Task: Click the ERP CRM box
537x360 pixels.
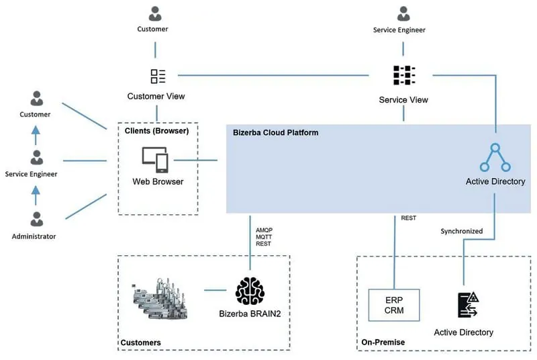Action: point(394,304)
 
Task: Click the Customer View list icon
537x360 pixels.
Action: point(158,76)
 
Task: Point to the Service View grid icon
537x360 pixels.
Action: point(403,77)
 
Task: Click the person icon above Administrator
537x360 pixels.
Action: point(37,219)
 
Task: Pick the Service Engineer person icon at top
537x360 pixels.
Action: point(403,13)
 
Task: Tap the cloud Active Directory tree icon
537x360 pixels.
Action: point(495,159)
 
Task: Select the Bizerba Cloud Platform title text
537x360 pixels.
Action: point(275,132)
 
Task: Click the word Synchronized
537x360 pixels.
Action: point(461,231)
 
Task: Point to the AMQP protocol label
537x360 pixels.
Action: point(264,230)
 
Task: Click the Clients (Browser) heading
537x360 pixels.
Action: point(156,131)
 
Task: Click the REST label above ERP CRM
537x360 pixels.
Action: point(408,218)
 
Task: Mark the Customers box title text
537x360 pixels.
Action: point(140,343)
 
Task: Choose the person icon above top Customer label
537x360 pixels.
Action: point(156,13)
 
